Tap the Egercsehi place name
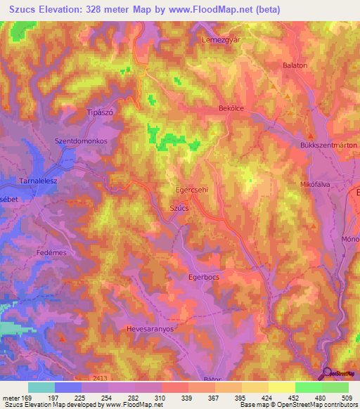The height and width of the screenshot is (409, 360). click(192, 190)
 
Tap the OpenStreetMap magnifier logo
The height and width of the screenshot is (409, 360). click(328, 373)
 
